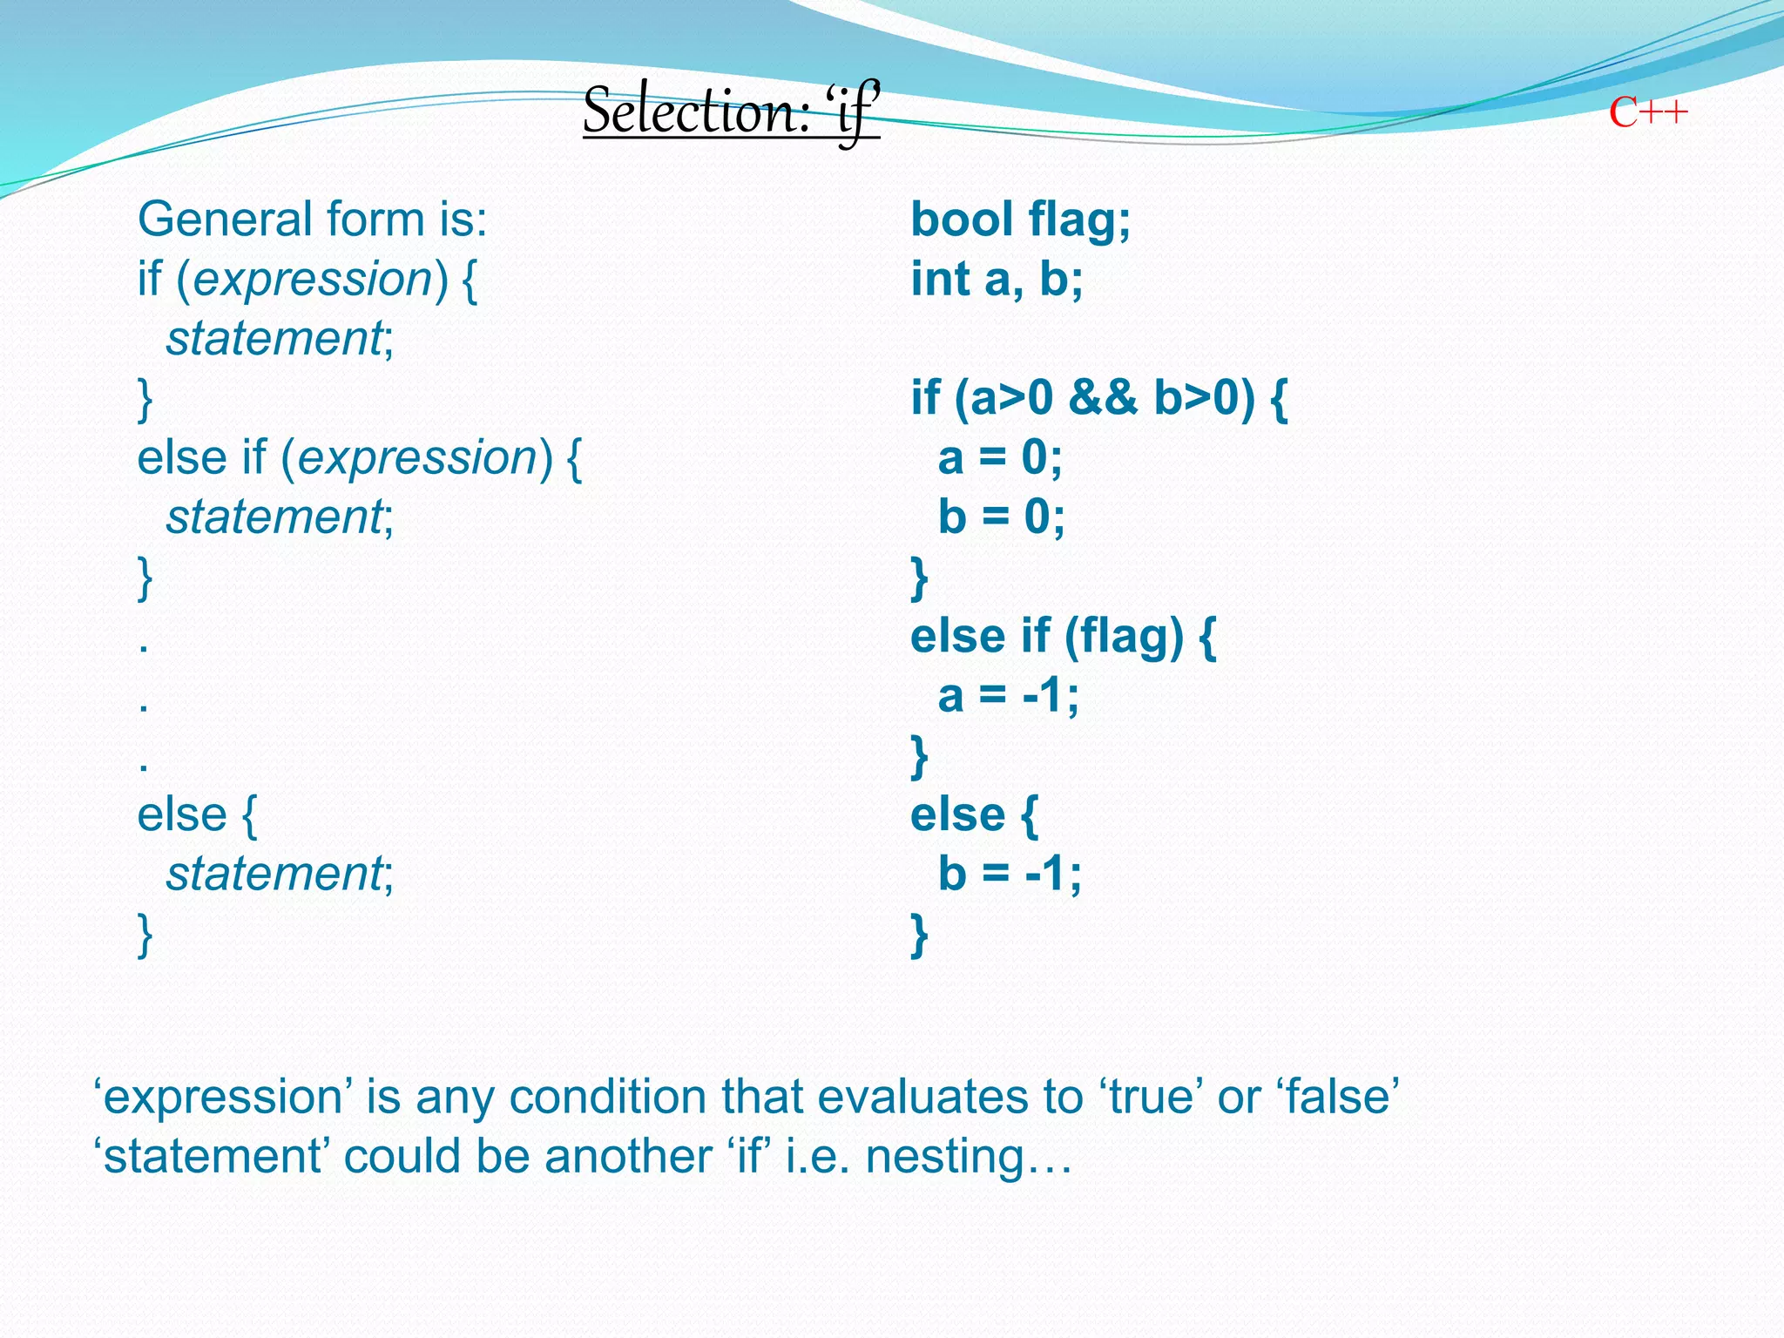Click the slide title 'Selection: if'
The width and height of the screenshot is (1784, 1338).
click(731, 111)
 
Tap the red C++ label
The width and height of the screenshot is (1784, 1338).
click(1647, 113)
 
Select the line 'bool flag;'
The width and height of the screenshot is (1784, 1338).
click(1020, 219)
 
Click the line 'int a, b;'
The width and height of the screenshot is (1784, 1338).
click(997, 279)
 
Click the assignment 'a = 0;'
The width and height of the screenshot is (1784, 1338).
click(1000, 457)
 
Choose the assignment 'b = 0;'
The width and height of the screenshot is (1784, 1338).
click(1001, 517)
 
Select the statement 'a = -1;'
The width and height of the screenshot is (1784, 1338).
click(1008, 695)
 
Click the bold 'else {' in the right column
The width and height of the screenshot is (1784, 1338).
click(974, 814)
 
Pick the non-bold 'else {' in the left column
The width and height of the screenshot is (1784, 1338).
click(197, 814)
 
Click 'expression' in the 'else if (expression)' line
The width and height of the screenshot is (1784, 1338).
click(417, 457)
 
